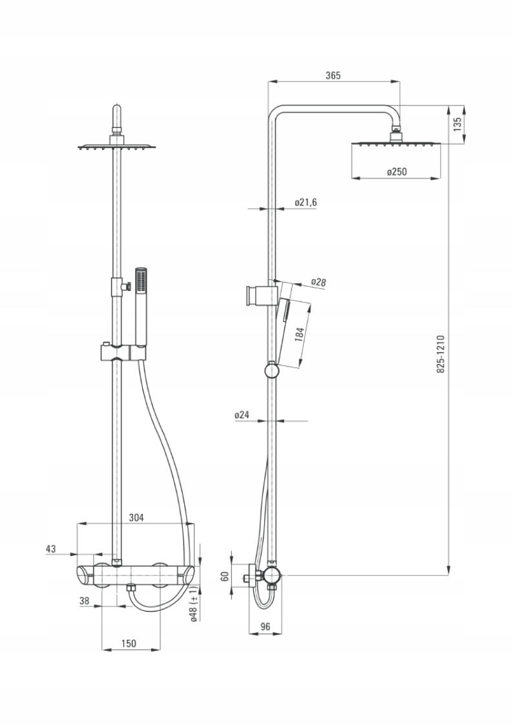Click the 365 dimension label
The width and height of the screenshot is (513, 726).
pyautogui.click(x=333, y=75)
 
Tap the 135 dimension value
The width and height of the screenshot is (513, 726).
pyautogui.click(x=457, y=124)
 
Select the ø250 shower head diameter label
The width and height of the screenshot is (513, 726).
pyautogui.click(x=397, y=172)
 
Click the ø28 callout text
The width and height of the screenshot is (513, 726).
pyautogui.click(x=319, y=282)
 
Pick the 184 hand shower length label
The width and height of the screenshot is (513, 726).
pyautogui.click(x=299, y=334)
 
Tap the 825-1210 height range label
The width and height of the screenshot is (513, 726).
pyautogui.click(x=440, y=355)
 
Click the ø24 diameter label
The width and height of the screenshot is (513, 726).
pyautogui.click(x=242, y=415)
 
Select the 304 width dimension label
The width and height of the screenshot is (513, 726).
pyautogui.click(x=136, y=518)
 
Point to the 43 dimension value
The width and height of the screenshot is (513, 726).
pyautogui.click(x=51, y=549)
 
